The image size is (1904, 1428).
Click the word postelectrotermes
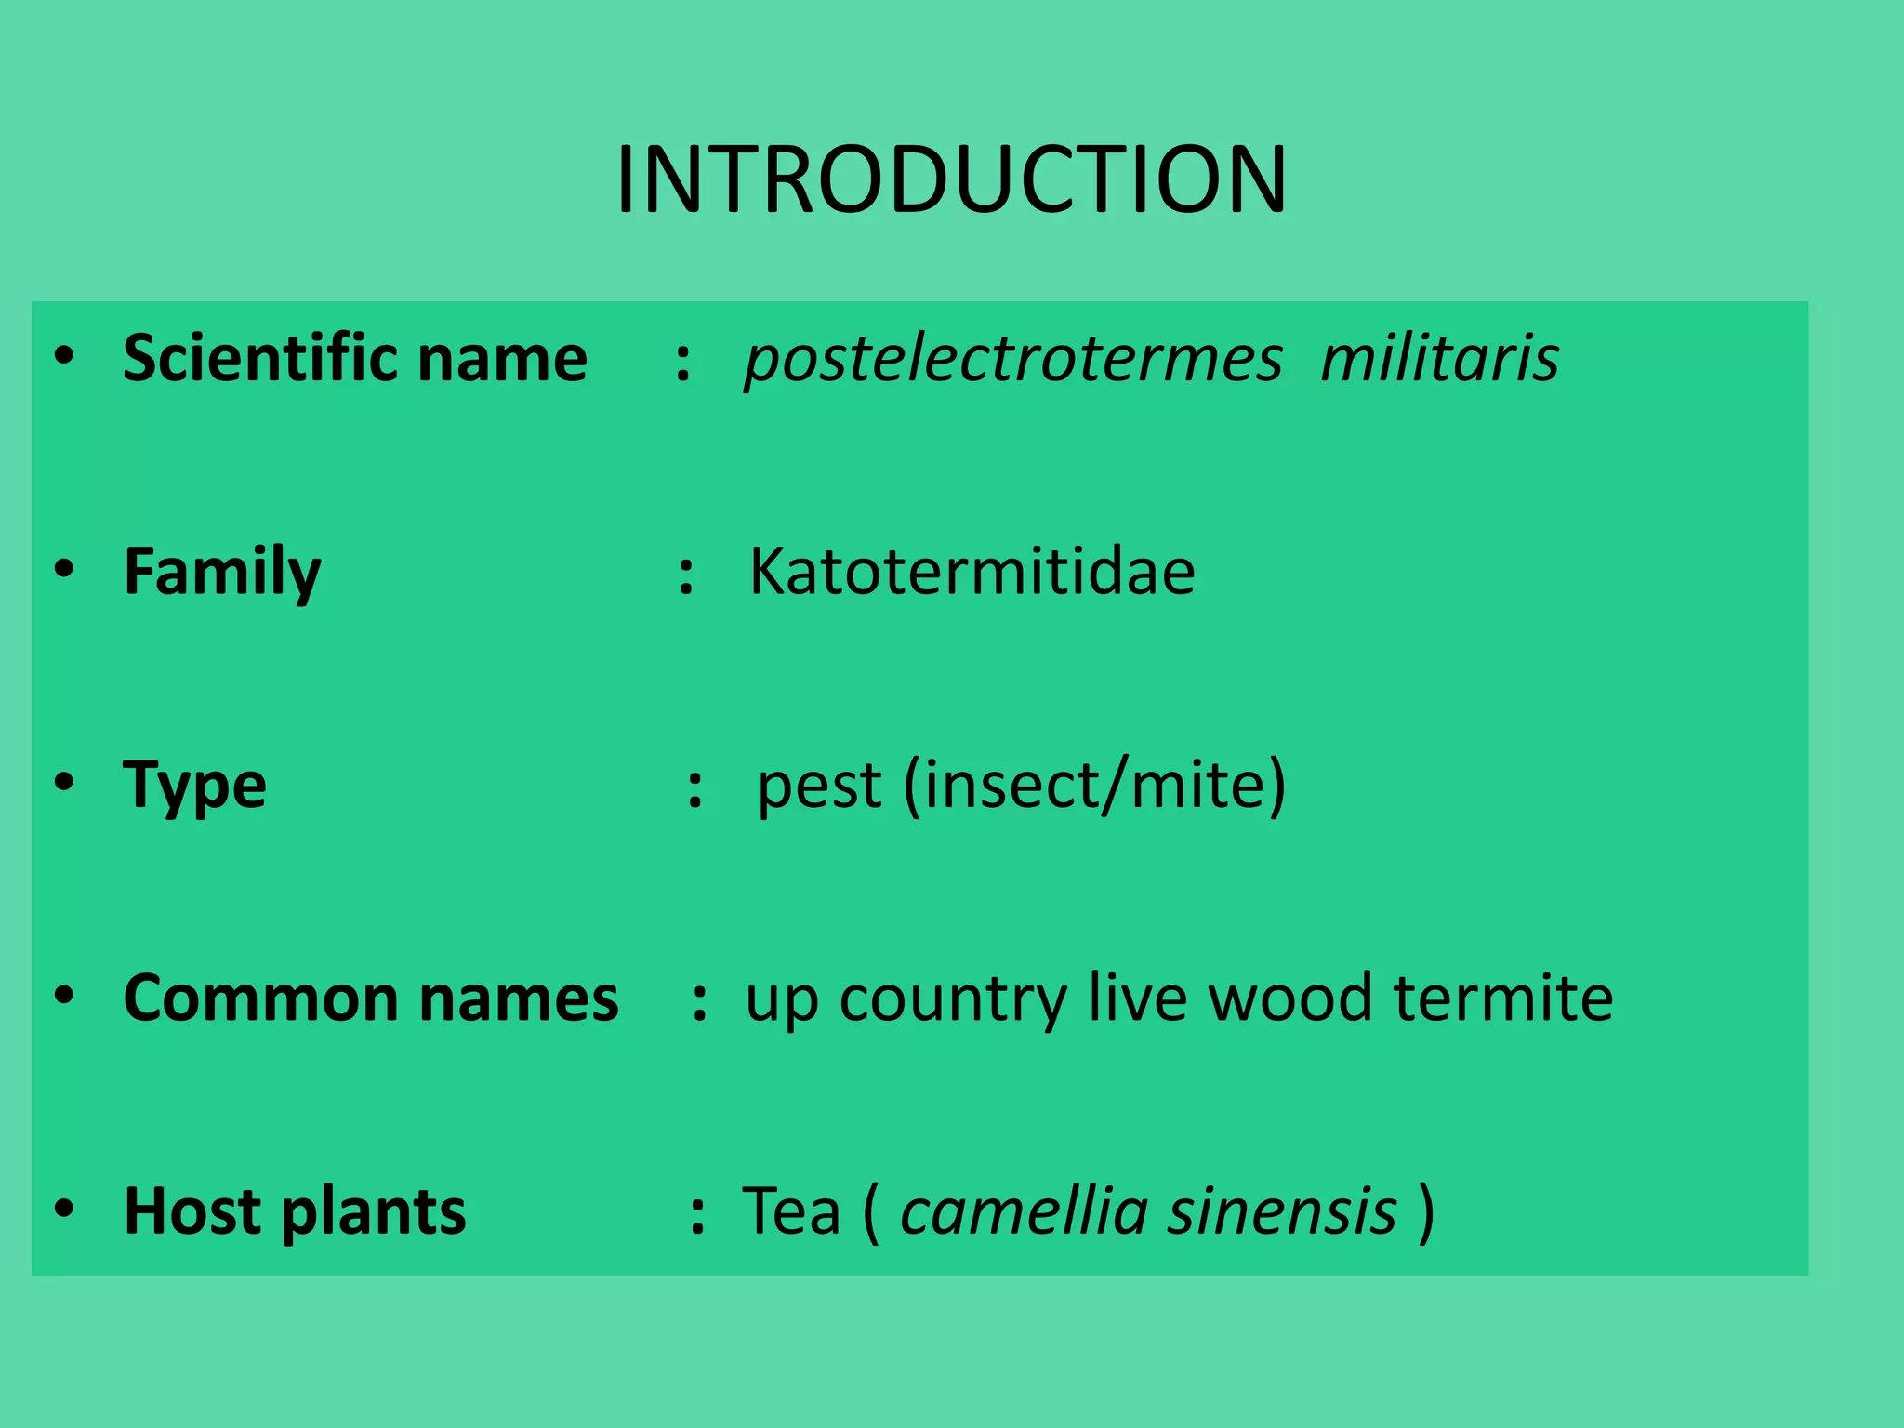[1013, 359]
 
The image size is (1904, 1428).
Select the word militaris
[1439, 359]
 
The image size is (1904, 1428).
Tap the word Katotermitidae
[972, 571]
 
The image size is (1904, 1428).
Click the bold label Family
[222, 573]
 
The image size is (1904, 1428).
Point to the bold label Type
[194, 787]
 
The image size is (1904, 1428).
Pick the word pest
[818, 787]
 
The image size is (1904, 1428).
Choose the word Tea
[791, 1211]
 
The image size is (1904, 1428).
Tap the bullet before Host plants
[63, 1209]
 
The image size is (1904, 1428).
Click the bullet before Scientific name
[63, 355]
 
